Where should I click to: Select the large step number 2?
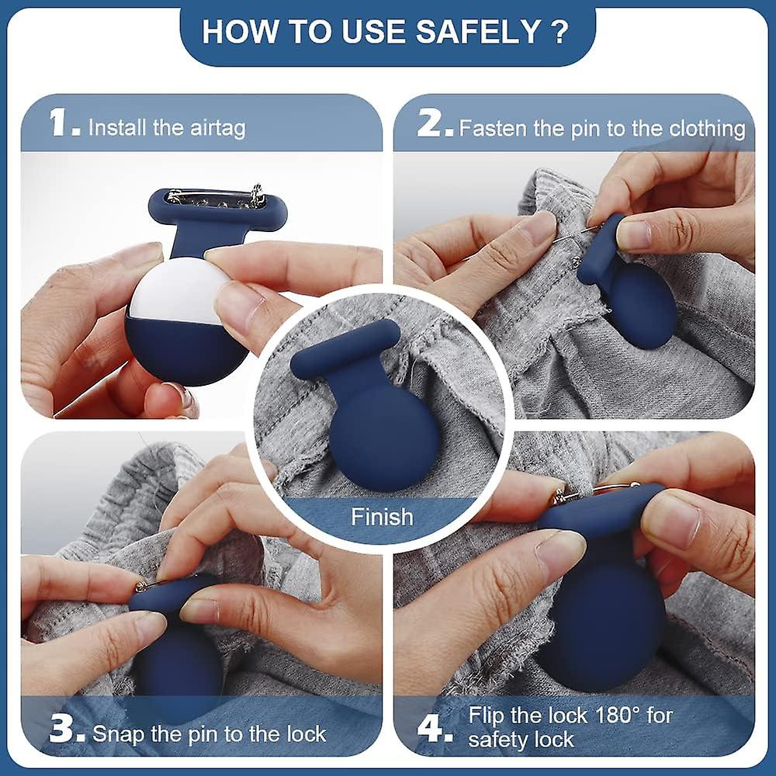click(x=434, y=124)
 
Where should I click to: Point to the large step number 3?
click(x=64, y=731)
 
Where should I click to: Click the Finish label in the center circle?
click(x=382, y=517)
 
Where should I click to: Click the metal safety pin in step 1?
click(x=217, y=199)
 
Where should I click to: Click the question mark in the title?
click(x=556, y=32)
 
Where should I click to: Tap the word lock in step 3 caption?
click(x=305, y=733)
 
